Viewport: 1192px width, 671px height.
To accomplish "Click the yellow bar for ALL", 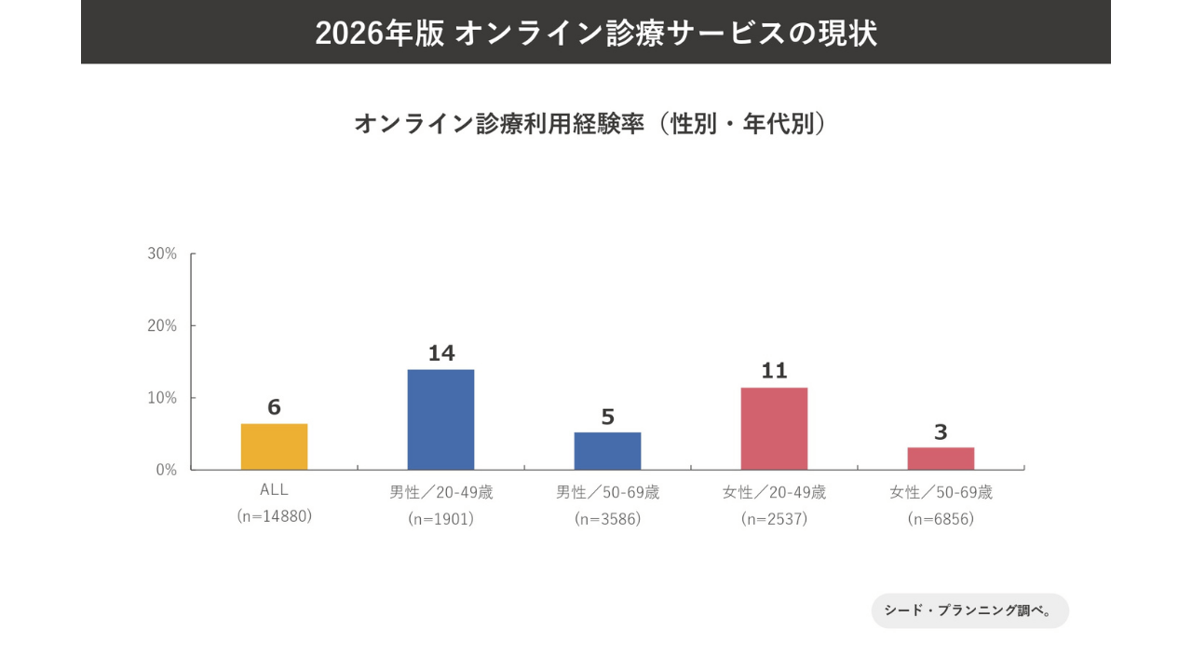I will click(274, 446).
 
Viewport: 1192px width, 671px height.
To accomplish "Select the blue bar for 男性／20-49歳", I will click(440, 419).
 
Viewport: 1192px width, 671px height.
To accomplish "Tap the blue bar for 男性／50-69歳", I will click(607, 451).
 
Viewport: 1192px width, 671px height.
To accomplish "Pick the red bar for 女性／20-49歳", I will click(774, 429).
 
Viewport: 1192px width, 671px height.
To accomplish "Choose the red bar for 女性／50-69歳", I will click(941, 459).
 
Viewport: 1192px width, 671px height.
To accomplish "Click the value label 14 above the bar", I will click(440, 353).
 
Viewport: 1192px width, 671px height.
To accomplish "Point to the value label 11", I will click(774, 371).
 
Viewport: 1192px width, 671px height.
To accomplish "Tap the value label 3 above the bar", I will click(941, 432).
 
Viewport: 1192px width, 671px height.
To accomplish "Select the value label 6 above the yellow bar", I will click(274, 407).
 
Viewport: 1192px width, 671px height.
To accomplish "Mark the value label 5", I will click(607, 417).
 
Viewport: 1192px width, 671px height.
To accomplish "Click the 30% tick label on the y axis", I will click(162, 253).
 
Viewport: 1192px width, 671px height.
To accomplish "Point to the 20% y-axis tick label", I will click(162, 325).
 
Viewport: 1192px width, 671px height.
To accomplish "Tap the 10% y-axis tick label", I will click(162, 398).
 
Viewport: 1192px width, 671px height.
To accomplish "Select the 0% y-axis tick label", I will click(166, 470).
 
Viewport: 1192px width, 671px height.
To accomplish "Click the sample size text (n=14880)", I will click(274, 516).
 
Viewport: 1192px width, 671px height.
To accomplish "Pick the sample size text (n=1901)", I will click(440, 519).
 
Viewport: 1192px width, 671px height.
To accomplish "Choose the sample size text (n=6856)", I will click(941, 519).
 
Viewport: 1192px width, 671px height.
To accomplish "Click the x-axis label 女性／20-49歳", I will click(774, 492).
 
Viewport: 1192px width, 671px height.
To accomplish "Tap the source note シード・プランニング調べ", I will click(968, 611).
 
